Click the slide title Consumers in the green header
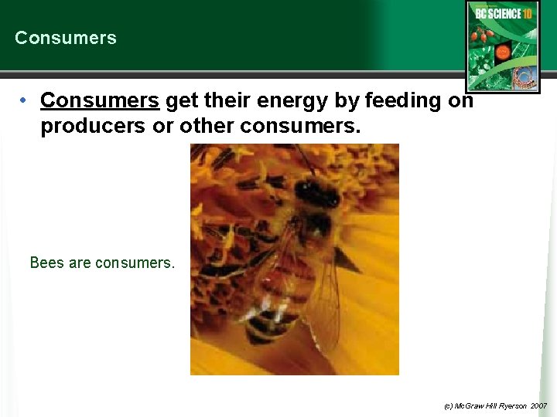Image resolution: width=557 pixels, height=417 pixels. [66, 38]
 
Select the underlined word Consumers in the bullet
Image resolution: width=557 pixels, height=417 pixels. [100, 101]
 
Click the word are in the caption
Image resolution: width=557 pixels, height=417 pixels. [80, 263]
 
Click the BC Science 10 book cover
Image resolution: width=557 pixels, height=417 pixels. [503, 46]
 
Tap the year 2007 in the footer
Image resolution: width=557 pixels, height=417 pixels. [538, 405]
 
